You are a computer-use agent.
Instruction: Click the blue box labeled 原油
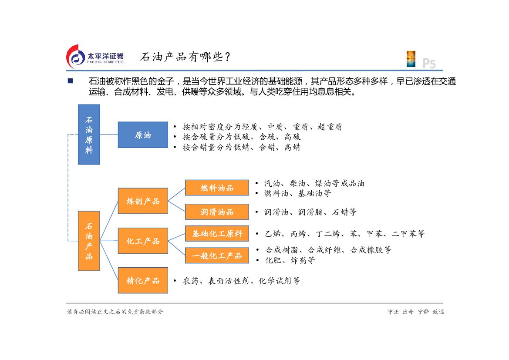point(143,135)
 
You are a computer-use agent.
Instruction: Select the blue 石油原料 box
point(89,135)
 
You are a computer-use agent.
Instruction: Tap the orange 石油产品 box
point(89,241)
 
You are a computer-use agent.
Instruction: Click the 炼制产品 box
point(143,201)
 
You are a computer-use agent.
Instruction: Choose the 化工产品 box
point(143,241)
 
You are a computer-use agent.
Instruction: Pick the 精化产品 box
point(143,281)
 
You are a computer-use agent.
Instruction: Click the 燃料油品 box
point(217,188)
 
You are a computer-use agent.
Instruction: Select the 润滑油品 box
point(217,212)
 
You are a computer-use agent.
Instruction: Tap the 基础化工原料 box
point(217,234)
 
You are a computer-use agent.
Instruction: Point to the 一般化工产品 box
point(217,256)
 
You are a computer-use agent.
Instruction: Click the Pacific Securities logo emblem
point(75,57)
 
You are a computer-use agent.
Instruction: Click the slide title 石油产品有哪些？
point(185,57)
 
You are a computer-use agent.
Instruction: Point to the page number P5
point(429,64)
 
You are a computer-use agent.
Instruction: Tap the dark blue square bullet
point(70,81)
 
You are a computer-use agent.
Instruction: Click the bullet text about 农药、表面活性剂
point(241,281)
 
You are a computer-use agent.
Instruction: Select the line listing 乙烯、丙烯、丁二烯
point(344,234)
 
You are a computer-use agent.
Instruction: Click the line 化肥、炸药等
point(290,260)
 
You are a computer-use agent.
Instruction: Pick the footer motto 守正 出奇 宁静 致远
point(415,312)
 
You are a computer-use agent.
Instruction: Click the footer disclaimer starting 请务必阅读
point(115,312)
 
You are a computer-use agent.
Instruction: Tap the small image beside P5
point(411,59)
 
